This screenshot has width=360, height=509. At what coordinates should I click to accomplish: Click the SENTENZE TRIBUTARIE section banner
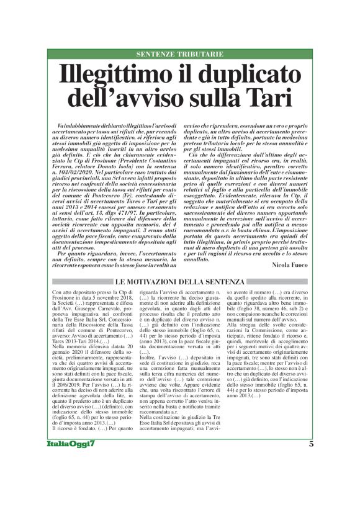coord(180,55)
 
